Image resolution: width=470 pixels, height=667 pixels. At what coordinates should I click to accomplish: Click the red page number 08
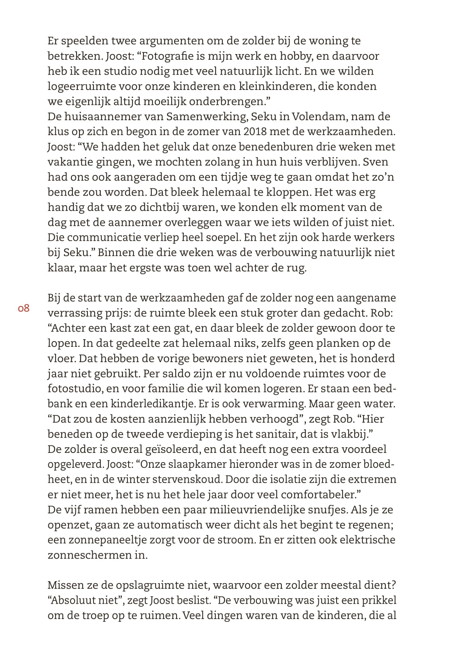(x=24, y=309)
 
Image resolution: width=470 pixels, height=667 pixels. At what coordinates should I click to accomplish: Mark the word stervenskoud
(x=187, y=479)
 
